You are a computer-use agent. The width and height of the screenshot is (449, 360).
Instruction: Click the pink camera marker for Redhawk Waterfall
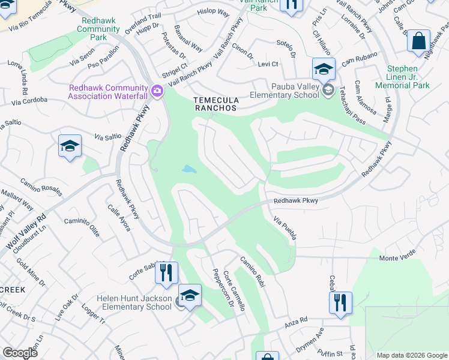pos(157,91)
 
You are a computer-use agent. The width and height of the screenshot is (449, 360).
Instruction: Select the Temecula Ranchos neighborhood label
pos(214,104)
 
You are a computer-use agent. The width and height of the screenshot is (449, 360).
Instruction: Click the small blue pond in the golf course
pos(188,169)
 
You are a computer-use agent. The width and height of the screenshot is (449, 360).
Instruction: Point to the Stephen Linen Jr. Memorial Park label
pos(411,77)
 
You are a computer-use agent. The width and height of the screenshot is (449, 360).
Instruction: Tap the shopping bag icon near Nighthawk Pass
pos(418,42)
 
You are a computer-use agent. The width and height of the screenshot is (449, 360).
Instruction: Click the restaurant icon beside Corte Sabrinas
pos(166,272)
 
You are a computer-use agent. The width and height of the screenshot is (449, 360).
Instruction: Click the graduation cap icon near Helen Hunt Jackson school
pos(190,296)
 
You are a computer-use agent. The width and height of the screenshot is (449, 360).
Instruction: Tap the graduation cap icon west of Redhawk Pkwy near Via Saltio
pos(70,146)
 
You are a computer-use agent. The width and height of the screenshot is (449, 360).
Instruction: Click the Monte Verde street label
pos(397,258)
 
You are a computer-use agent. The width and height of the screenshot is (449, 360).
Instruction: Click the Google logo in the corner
pos(20,353)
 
